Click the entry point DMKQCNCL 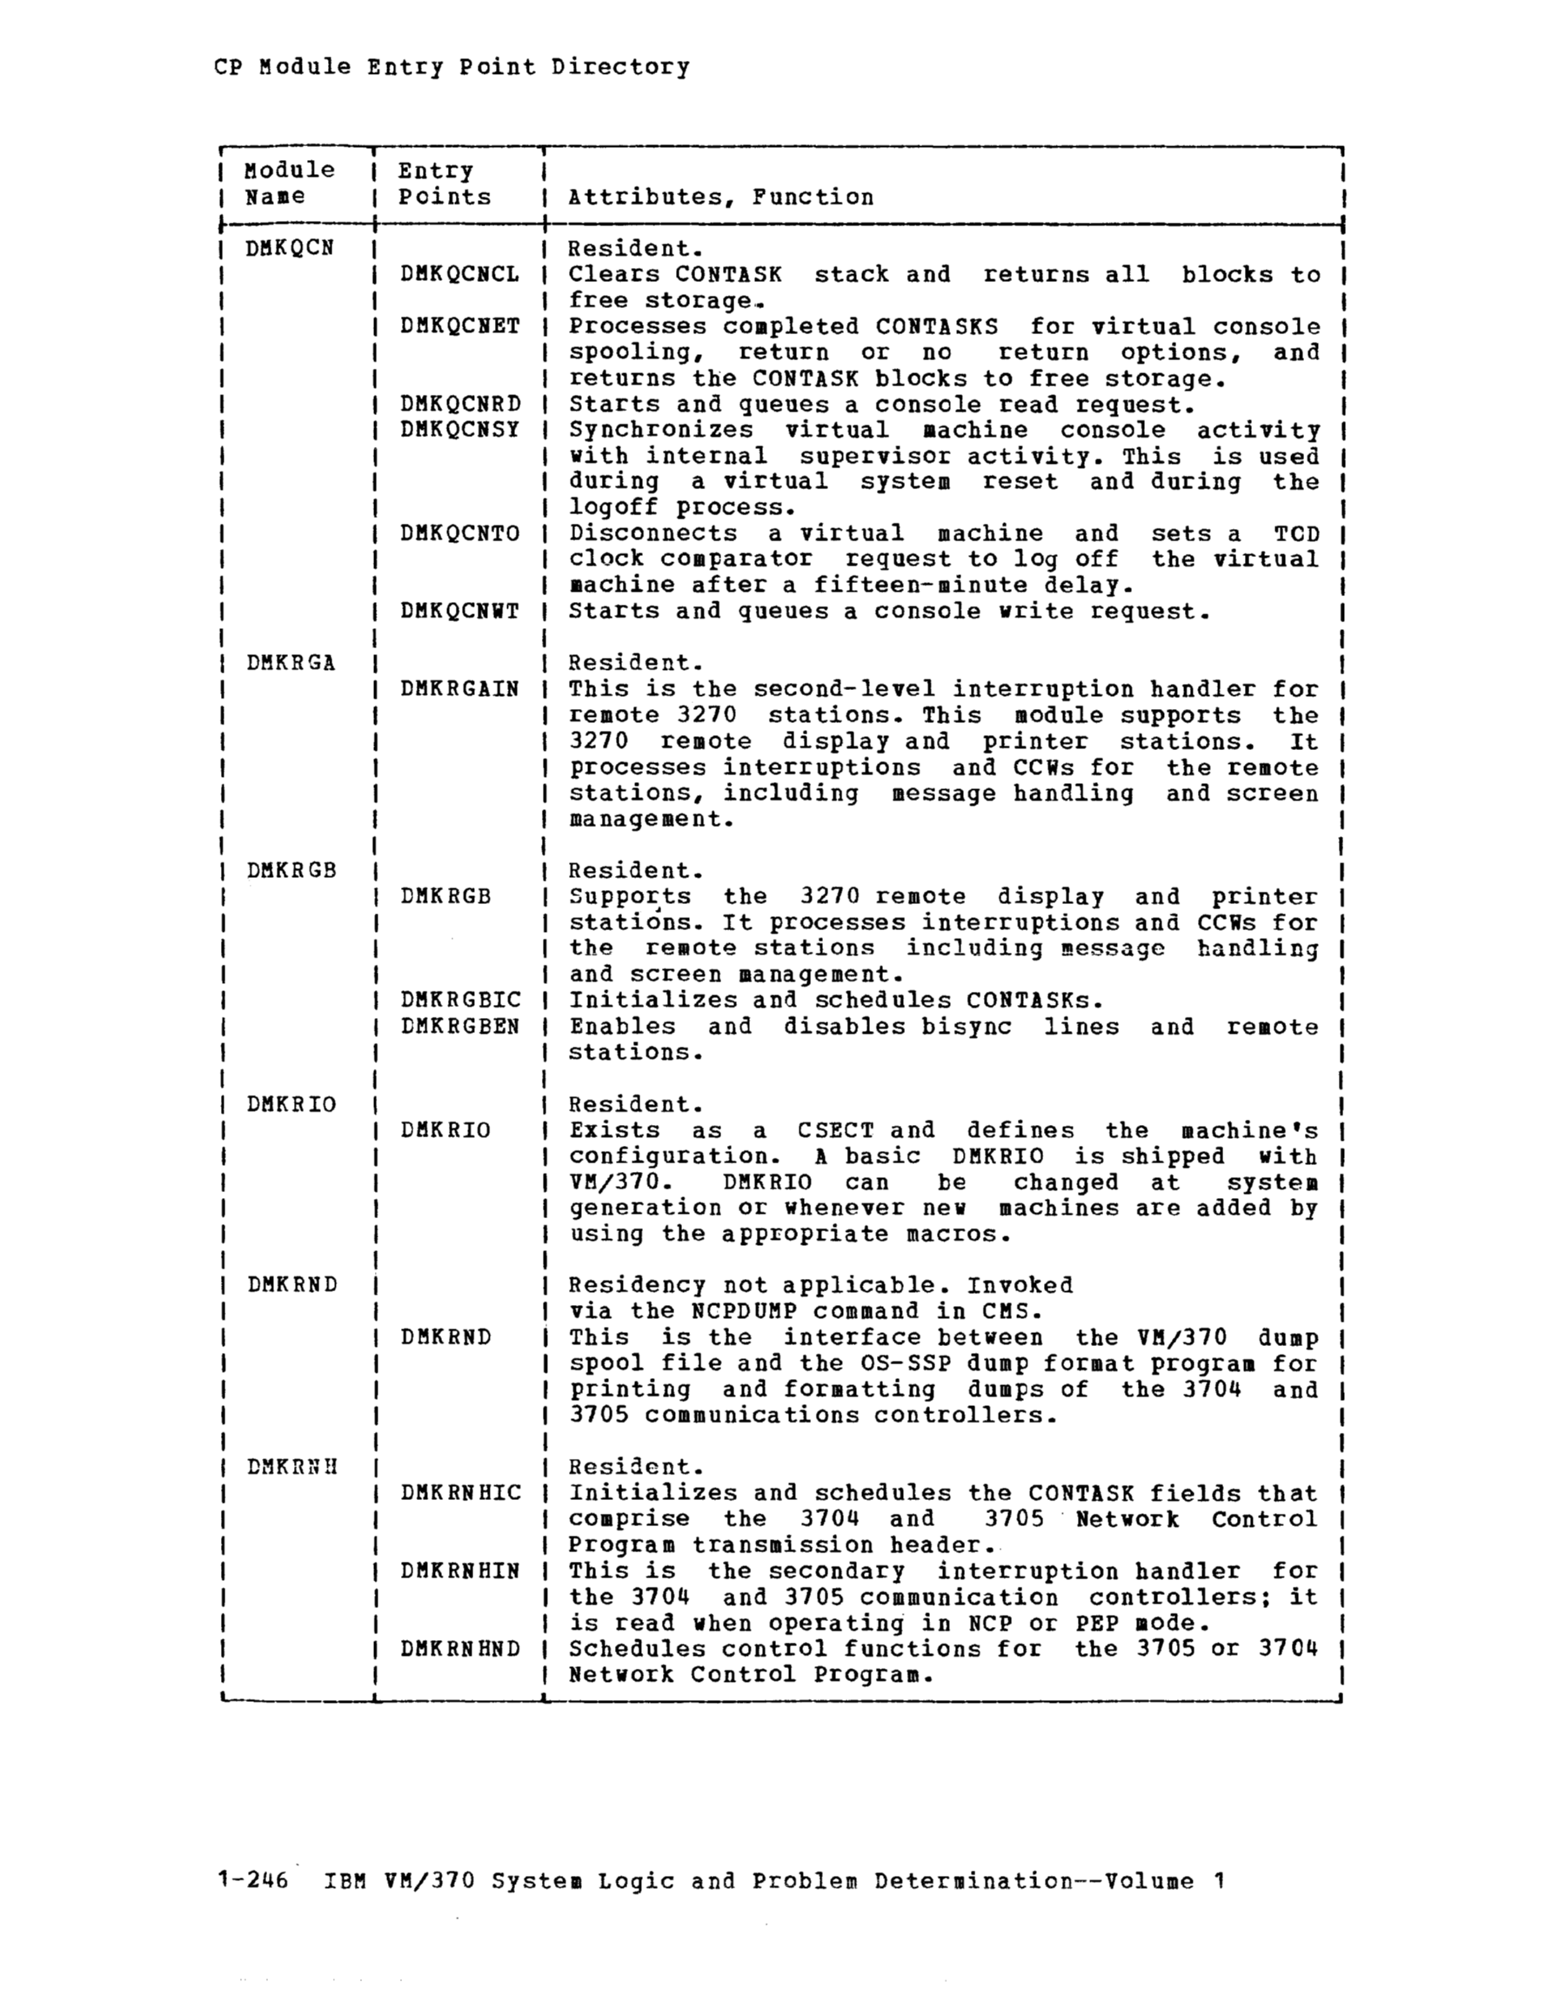459,274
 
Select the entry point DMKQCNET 459,325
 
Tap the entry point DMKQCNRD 459,404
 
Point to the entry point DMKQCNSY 459,430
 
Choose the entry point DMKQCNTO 459,533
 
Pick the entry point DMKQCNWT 459,611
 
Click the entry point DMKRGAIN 459,689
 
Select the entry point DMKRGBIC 460,1000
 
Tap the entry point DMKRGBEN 460,1026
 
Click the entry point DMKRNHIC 460,1493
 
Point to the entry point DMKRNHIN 460,1571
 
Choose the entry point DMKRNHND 460,1649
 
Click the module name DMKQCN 290,248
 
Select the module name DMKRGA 291,663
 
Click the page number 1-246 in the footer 252,1880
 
